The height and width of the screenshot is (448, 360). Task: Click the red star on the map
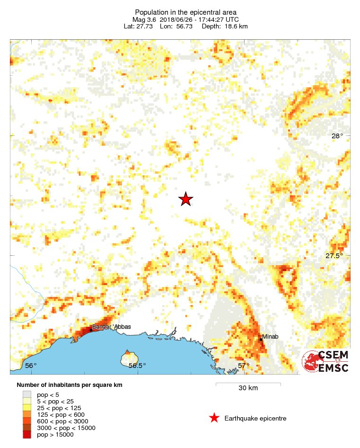pos(186,199)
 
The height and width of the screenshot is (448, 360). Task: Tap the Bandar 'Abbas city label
pos(112,326)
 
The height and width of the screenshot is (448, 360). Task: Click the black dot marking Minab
pos(261,340)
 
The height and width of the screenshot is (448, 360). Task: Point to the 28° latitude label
pos(337,136)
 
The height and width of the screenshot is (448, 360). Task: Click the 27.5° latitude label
pos(334,256)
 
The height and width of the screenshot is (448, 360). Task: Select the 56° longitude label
pos(31,366)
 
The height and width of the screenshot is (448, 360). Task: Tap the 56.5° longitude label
pos(137,366)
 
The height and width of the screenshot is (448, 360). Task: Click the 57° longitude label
pos(243,366)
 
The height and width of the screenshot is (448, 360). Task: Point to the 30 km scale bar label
pos(248,388)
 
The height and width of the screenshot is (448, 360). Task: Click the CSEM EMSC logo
pos(326,361)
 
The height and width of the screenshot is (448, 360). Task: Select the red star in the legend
pos(214,418)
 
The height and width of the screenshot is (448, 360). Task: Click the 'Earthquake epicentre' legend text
pos(255,418)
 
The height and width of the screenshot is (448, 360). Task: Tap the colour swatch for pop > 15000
pos(26,435)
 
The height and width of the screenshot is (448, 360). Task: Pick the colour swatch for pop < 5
pos(26,394)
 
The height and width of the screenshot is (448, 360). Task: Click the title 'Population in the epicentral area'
pos(186,12)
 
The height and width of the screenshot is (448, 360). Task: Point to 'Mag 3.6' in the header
pos(144,19)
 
